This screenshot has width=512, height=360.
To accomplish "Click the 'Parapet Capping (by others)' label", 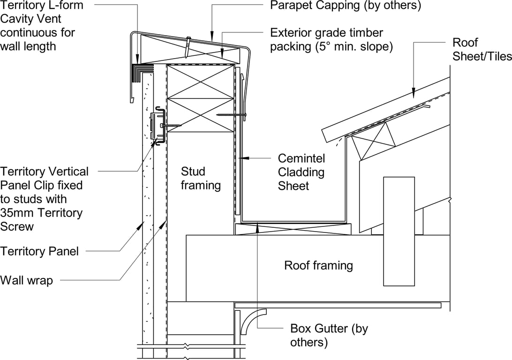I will tap(346, 6).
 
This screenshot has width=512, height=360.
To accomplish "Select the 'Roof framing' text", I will tap(318, 265).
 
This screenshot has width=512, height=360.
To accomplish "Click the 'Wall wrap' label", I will tap(27, 280).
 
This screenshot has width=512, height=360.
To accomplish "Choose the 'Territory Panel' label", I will tap(39, 251).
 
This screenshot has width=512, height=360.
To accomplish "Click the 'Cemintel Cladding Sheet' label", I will tap(301, 172).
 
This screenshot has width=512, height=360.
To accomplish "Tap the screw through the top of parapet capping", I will tap(188, 47).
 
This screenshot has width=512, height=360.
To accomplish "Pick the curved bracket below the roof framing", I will tap(255, 321).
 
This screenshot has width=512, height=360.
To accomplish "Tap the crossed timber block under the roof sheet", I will tap(373, 146).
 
